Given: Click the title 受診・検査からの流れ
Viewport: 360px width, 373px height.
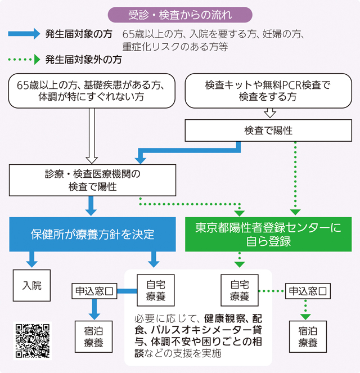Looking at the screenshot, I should click(180, 14).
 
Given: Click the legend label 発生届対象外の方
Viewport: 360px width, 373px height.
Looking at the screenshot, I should click(83, 59).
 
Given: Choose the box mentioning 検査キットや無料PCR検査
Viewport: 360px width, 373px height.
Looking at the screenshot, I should click(268, 91).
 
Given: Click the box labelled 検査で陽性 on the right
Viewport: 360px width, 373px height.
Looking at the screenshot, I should click(268, 131).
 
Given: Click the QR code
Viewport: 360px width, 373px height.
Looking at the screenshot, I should click(33, 340).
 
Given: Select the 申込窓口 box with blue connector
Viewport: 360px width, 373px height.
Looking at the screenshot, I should click(93, 291).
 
